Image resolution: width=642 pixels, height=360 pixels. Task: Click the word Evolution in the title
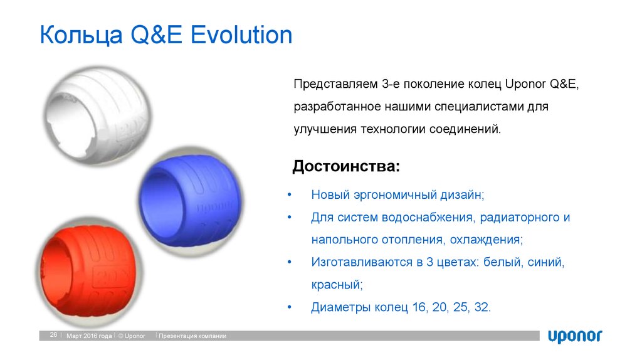click(242, 36)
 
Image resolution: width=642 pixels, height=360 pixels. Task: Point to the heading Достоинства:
click(345, 167)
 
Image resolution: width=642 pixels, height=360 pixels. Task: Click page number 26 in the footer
click(54, 336)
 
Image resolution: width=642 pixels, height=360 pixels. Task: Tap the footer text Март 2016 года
click(90, 336)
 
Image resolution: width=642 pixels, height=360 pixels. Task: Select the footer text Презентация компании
click(192, 336)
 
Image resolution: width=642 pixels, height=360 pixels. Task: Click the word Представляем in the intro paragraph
click(334, 84)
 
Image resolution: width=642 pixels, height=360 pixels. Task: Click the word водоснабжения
click(424, 218)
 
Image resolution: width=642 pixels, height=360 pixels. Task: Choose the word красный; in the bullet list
click(337, 284)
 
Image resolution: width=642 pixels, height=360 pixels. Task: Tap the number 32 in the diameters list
click(482, 307)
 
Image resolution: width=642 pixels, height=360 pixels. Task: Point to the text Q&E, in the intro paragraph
click(568, 84)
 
